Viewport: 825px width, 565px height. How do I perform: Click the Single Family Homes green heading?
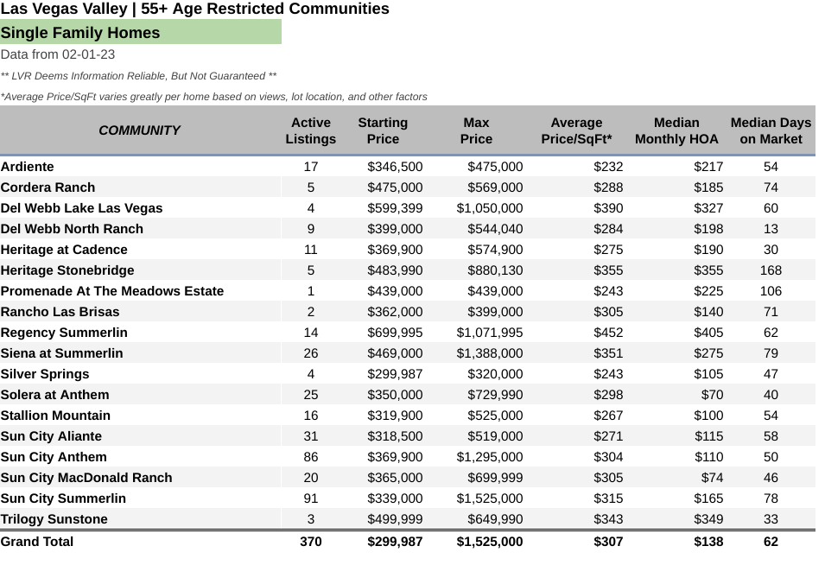[x=80, y=33]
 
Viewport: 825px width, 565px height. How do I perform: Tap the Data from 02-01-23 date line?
[x=58, y=54]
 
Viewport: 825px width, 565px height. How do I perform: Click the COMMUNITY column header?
[x=139, y=130]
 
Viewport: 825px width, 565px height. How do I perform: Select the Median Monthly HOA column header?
[x=676, y=130]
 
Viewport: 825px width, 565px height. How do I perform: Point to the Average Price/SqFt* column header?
[x=577, y=130]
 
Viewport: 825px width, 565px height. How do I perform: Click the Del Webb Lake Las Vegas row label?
[x=81, y=208]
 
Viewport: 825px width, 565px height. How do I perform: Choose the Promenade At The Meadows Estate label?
[x=112, y=291]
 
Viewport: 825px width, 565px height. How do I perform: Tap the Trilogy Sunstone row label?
[x=54, y=519]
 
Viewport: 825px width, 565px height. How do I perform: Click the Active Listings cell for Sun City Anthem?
[x=311, y=457]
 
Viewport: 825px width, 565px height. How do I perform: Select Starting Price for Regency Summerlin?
[x=395, y=333]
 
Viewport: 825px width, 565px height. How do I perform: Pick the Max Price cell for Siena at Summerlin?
[x=490, y=353]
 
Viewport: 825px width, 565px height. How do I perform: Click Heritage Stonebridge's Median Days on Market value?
[x=771, y=270]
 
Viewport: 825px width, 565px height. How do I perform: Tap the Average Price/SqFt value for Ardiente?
[x=608, y=167]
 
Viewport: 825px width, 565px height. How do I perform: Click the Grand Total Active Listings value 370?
[x=311, y=542]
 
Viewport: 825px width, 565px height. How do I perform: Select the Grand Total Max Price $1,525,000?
[x=490, y=542]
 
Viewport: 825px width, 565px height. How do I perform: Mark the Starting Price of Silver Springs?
[x=395, y=374]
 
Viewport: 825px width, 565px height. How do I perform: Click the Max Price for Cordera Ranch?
[x=495, y=187]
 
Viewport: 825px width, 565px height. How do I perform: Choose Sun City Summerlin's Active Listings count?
[x=311, y=498]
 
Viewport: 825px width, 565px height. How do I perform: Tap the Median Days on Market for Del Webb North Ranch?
[x=771, y=229]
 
